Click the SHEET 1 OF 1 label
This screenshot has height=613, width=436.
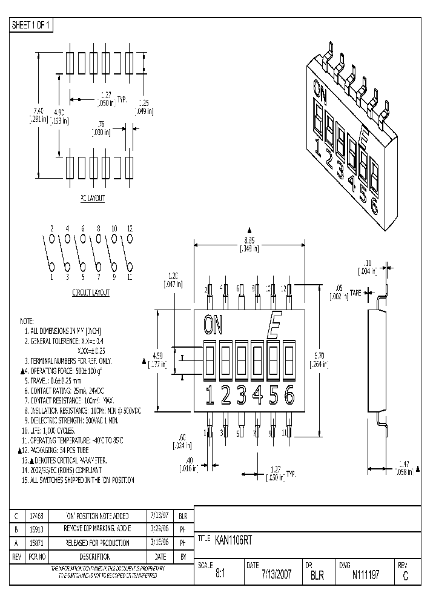(31, 25)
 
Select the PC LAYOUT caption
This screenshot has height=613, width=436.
(92, 198)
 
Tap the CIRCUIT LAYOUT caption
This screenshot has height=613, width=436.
(91, 293)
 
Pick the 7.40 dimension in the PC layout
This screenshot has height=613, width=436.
(38, 111)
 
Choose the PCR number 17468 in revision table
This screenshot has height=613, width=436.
(36, 516)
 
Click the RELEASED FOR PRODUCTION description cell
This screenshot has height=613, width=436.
(97, 543)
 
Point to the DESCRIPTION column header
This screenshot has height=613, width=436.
(97, 556)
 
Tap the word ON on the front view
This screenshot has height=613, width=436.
(213, 326)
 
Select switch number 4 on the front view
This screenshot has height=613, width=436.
(257, 396)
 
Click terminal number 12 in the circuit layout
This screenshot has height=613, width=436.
(130, 228)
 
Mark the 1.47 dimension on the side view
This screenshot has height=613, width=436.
(405, 463)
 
